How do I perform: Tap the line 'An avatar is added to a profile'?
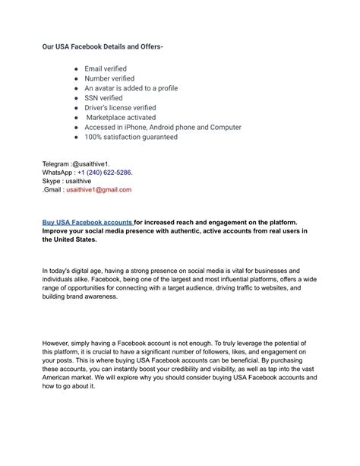(131, 88)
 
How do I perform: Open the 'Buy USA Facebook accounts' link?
(87, 223)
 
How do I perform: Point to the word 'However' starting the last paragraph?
(57, 344)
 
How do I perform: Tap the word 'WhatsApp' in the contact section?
(58, 173)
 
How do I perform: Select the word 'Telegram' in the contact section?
(55, 163)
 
